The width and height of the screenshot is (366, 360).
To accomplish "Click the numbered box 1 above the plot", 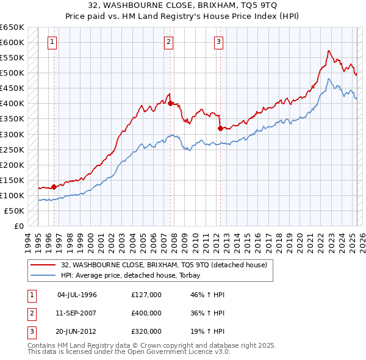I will (x=53, y=42).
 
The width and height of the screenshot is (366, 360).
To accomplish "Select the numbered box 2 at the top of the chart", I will (x=168, y=42).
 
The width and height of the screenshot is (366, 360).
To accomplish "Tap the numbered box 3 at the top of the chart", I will (x=218, y=42).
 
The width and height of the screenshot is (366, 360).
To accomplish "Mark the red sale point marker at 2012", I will (x=220, y=128).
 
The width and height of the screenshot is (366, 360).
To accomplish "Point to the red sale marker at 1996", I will (x=54, y=187).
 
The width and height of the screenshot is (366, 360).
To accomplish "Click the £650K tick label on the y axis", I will (x=12, y=27).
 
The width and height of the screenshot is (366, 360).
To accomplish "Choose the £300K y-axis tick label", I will (x=12, y=134).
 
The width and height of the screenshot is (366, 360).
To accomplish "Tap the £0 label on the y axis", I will (x=18, y=226).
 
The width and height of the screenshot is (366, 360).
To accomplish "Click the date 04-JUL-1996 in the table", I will (x=77, y=295).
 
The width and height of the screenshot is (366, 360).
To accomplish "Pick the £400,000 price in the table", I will (x=146, y=313).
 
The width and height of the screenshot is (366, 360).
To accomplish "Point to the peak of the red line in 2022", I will (x=328, y=51).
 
